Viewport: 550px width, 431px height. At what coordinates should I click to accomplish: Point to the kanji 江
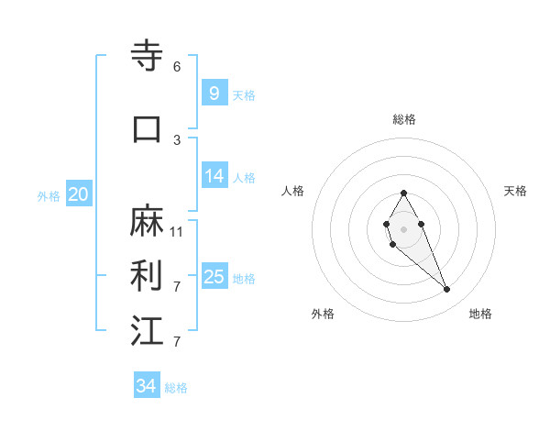click(148, 330)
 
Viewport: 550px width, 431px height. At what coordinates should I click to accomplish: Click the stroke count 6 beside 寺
click(177, 67)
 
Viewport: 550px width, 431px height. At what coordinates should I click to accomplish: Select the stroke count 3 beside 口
click(177, 139)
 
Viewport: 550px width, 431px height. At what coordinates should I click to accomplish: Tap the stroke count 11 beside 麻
click(177, 232)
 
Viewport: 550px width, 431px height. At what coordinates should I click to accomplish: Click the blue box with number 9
click(214, 93)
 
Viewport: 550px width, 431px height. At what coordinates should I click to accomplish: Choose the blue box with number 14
click(214, 176)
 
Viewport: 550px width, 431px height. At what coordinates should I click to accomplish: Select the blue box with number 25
click(214, 277)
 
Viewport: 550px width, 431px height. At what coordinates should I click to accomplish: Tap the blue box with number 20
click(79, 193)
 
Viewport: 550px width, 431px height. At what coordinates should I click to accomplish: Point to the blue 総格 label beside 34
click(176, 388)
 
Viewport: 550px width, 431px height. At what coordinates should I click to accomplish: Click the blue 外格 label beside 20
click(49, 195)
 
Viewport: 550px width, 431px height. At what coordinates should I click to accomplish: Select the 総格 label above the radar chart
click(404, 119)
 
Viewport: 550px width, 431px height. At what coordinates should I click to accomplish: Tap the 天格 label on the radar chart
click(515, 191)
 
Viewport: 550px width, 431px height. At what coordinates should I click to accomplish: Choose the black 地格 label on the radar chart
click(480, 314)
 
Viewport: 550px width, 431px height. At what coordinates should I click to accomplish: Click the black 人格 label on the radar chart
click(293, 191)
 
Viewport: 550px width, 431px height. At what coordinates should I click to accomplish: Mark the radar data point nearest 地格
click(446, 290)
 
